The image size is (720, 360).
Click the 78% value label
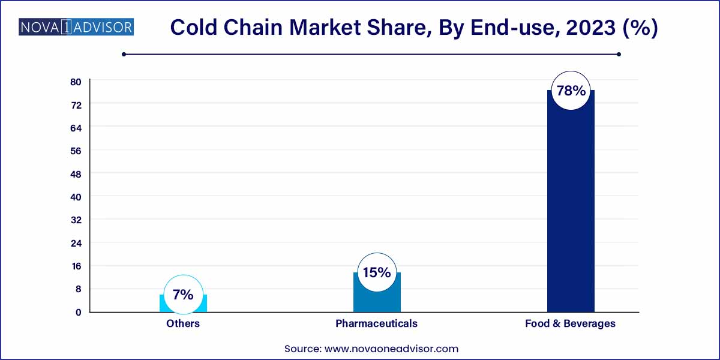[x=571, y=91]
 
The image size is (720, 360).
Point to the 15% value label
[x=377, y=272]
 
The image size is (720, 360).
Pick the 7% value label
[x=183, y=295]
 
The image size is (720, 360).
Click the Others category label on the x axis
[x=183, y=323]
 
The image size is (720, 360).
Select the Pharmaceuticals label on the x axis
[x=376, y=323]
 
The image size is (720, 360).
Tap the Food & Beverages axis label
[x=570, y=323]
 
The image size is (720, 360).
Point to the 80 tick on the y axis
[x=76, y=82]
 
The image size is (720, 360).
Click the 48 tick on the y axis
[x=76, y=174]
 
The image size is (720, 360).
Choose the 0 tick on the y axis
[x=79, y=312]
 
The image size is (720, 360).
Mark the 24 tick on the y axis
[x=76, y=244]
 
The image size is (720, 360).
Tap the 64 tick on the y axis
[x=76, y=128]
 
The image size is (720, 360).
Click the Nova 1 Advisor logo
[x=76, y=26]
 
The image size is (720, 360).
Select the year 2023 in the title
[x=590, y=28]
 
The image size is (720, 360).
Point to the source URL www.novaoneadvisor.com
[x=391, y=349]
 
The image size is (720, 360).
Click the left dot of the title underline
[x=124, y=55]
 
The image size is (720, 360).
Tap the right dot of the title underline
[x=619, y=55]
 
